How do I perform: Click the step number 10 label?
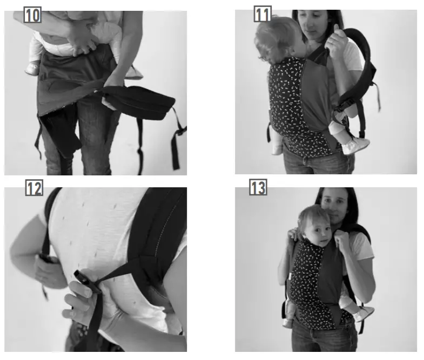[32, 15]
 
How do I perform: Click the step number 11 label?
[262, 15]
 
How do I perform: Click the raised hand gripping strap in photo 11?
[337, 41]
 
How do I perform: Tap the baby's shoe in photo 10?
[32, 69]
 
